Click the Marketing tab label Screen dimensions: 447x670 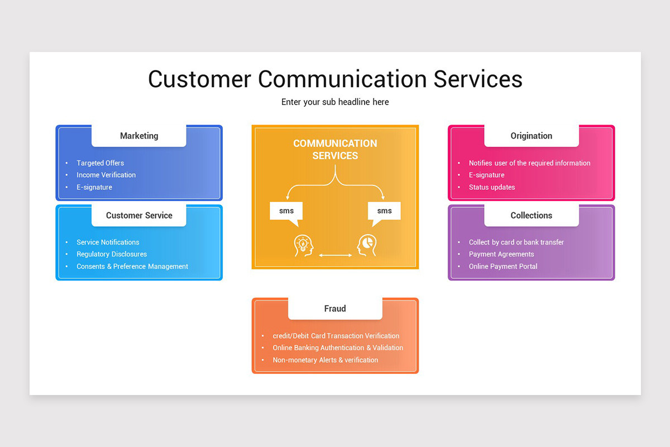coord(139,136)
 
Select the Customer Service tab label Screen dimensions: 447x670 coord(139,215)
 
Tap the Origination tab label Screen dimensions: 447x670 coord(531,136)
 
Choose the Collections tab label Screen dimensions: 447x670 coord(531,215)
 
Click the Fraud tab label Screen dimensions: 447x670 coord(335,308)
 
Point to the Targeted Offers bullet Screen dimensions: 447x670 coord(100,163)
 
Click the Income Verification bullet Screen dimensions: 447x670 coord(106,175)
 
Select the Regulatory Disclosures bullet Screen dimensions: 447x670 coord(112,254)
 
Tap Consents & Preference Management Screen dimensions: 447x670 coord(132,267)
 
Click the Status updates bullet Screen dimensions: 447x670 coord(492,187)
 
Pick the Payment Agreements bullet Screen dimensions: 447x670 coord(501,254)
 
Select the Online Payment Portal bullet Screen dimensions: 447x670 coord(503,267)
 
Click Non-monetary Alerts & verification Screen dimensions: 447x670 coord(326,360)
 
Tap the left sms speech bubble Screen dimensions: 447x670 coord(286,211)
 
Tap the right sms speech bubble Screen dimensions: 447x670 coord(384,211)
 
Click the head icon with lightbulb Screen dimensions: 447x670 coord(304,246)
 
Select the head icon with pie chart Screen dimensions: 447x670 coord(367,246)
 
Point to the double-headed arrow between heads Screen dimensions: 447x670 coord(335,255)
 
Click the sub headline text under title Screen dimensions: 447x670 coord(335,102)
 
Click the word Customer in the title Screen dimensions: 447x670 coord(199,79)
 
